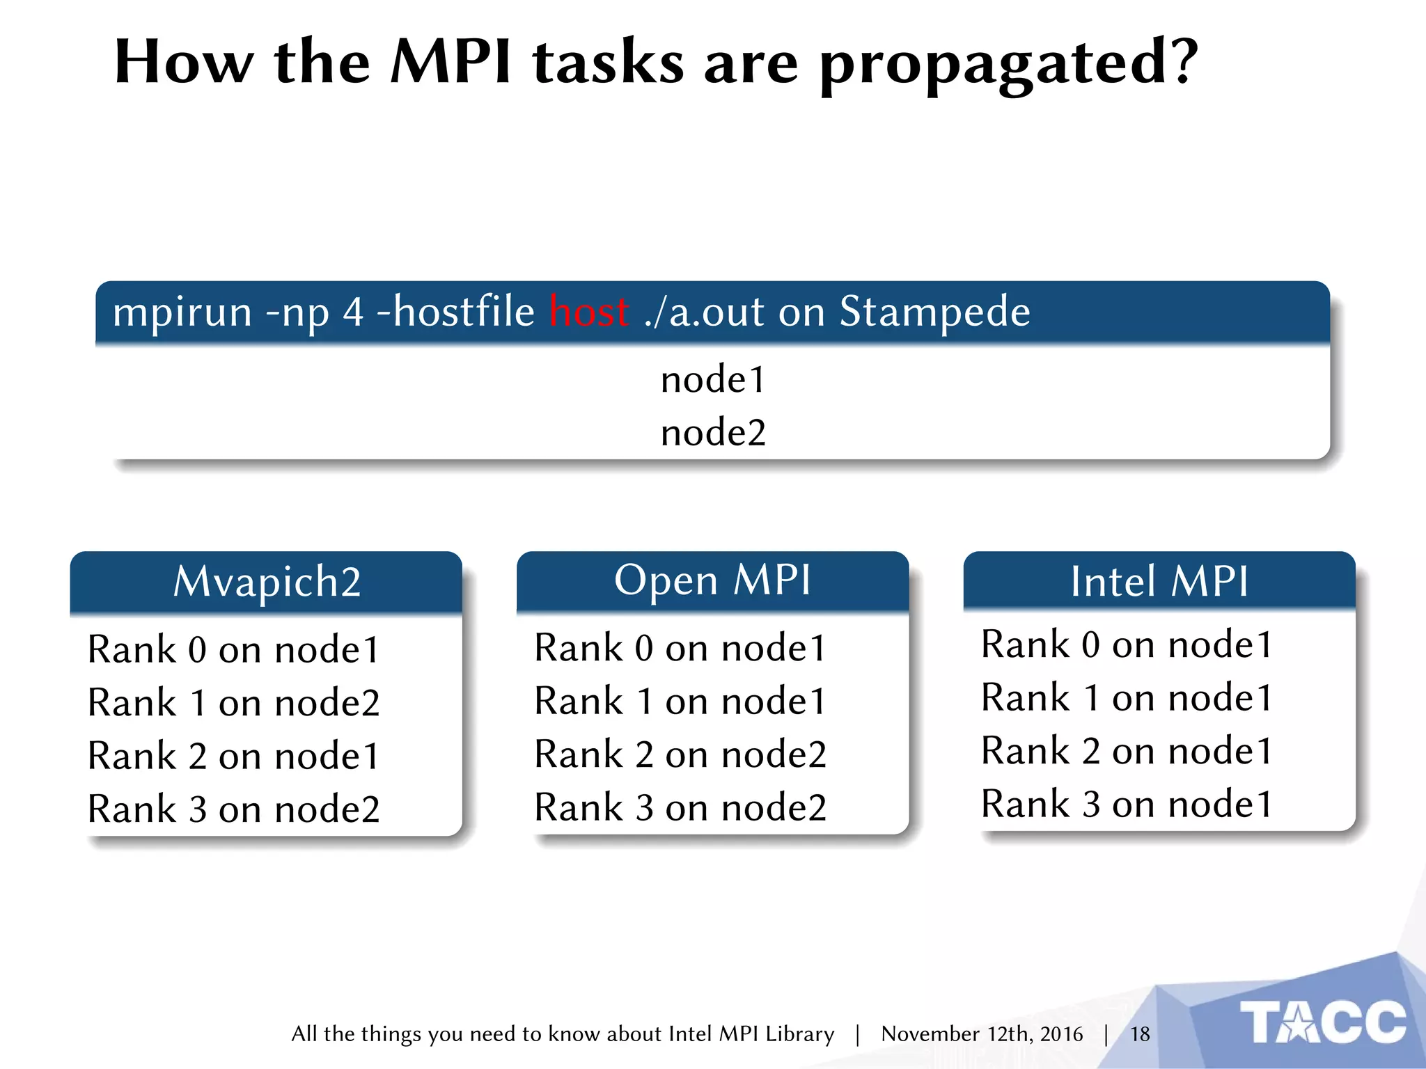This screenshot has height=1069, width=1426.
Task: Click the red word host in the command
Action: (589, 311)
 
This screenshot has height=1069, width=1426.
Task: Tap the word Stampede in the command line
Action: (934, 311)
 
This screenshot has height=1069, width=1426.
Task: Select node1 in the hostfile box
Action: (713, 380)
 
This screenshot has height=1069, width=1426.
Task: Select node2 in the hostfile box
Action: (713, 433)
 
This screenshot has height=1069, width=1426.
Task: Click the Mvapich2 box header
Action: (267, 582)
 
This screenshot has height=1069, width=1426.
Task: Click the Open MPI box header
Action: (712, 580)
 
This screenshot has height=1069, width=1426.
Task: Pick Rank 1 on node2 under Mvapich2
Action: (233, 702)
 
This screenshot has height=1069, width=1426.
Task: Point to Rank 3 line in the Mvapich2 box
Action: (233, 809)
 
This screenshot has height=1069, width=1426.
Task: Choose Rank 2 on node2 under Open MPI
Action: (680, 754)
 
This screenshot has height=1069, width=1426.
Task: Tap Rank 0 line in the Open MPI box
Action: (680, 648)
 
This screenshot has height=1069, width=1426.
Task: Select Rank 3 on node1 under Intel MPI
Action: (1127, 804)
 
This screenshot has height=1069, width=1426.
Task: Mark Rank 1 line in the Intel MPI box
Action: (1127, 697)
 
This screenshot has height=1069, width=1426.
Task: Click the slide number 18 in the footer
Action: (1140, 1034)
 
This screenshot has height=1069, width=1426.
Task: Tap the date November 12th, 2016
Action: (982, 1034)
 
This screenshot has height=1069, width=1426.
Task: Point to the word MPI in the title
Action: (450, 63)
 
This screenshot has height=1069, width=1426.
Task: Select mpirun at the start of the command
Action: (182, 311)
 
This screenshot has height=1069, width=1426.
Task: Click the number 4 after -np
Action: (353, 311)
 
